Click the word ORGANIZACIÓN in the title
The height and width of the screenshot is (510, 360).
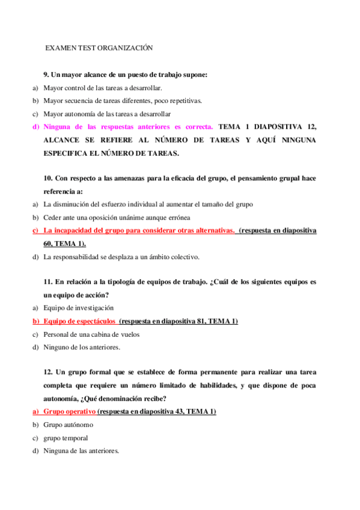pyautogui.click(x=127, y=48)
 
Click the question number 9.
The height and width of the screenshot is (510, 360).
pyautogui.click(x=46, y=75)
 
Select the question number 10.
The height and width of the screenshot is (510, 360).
pyautogui.click(x=48, y=178)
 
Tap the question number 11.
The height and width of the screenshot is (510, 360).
pyautogui.click(x=48, y=281)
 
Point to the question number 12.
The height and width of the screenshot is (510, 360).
pyautogui.click(x=48, y=372)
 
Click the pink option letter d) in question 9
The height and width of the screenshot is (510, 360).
pyautogui.click(x=35, y=127)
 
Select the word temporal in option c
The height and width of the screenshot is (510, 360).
pyautogui.click(x=74, y=438)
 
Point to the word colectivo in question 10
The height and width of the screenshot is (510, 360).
pyautogui.click(x=180, y=257)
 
